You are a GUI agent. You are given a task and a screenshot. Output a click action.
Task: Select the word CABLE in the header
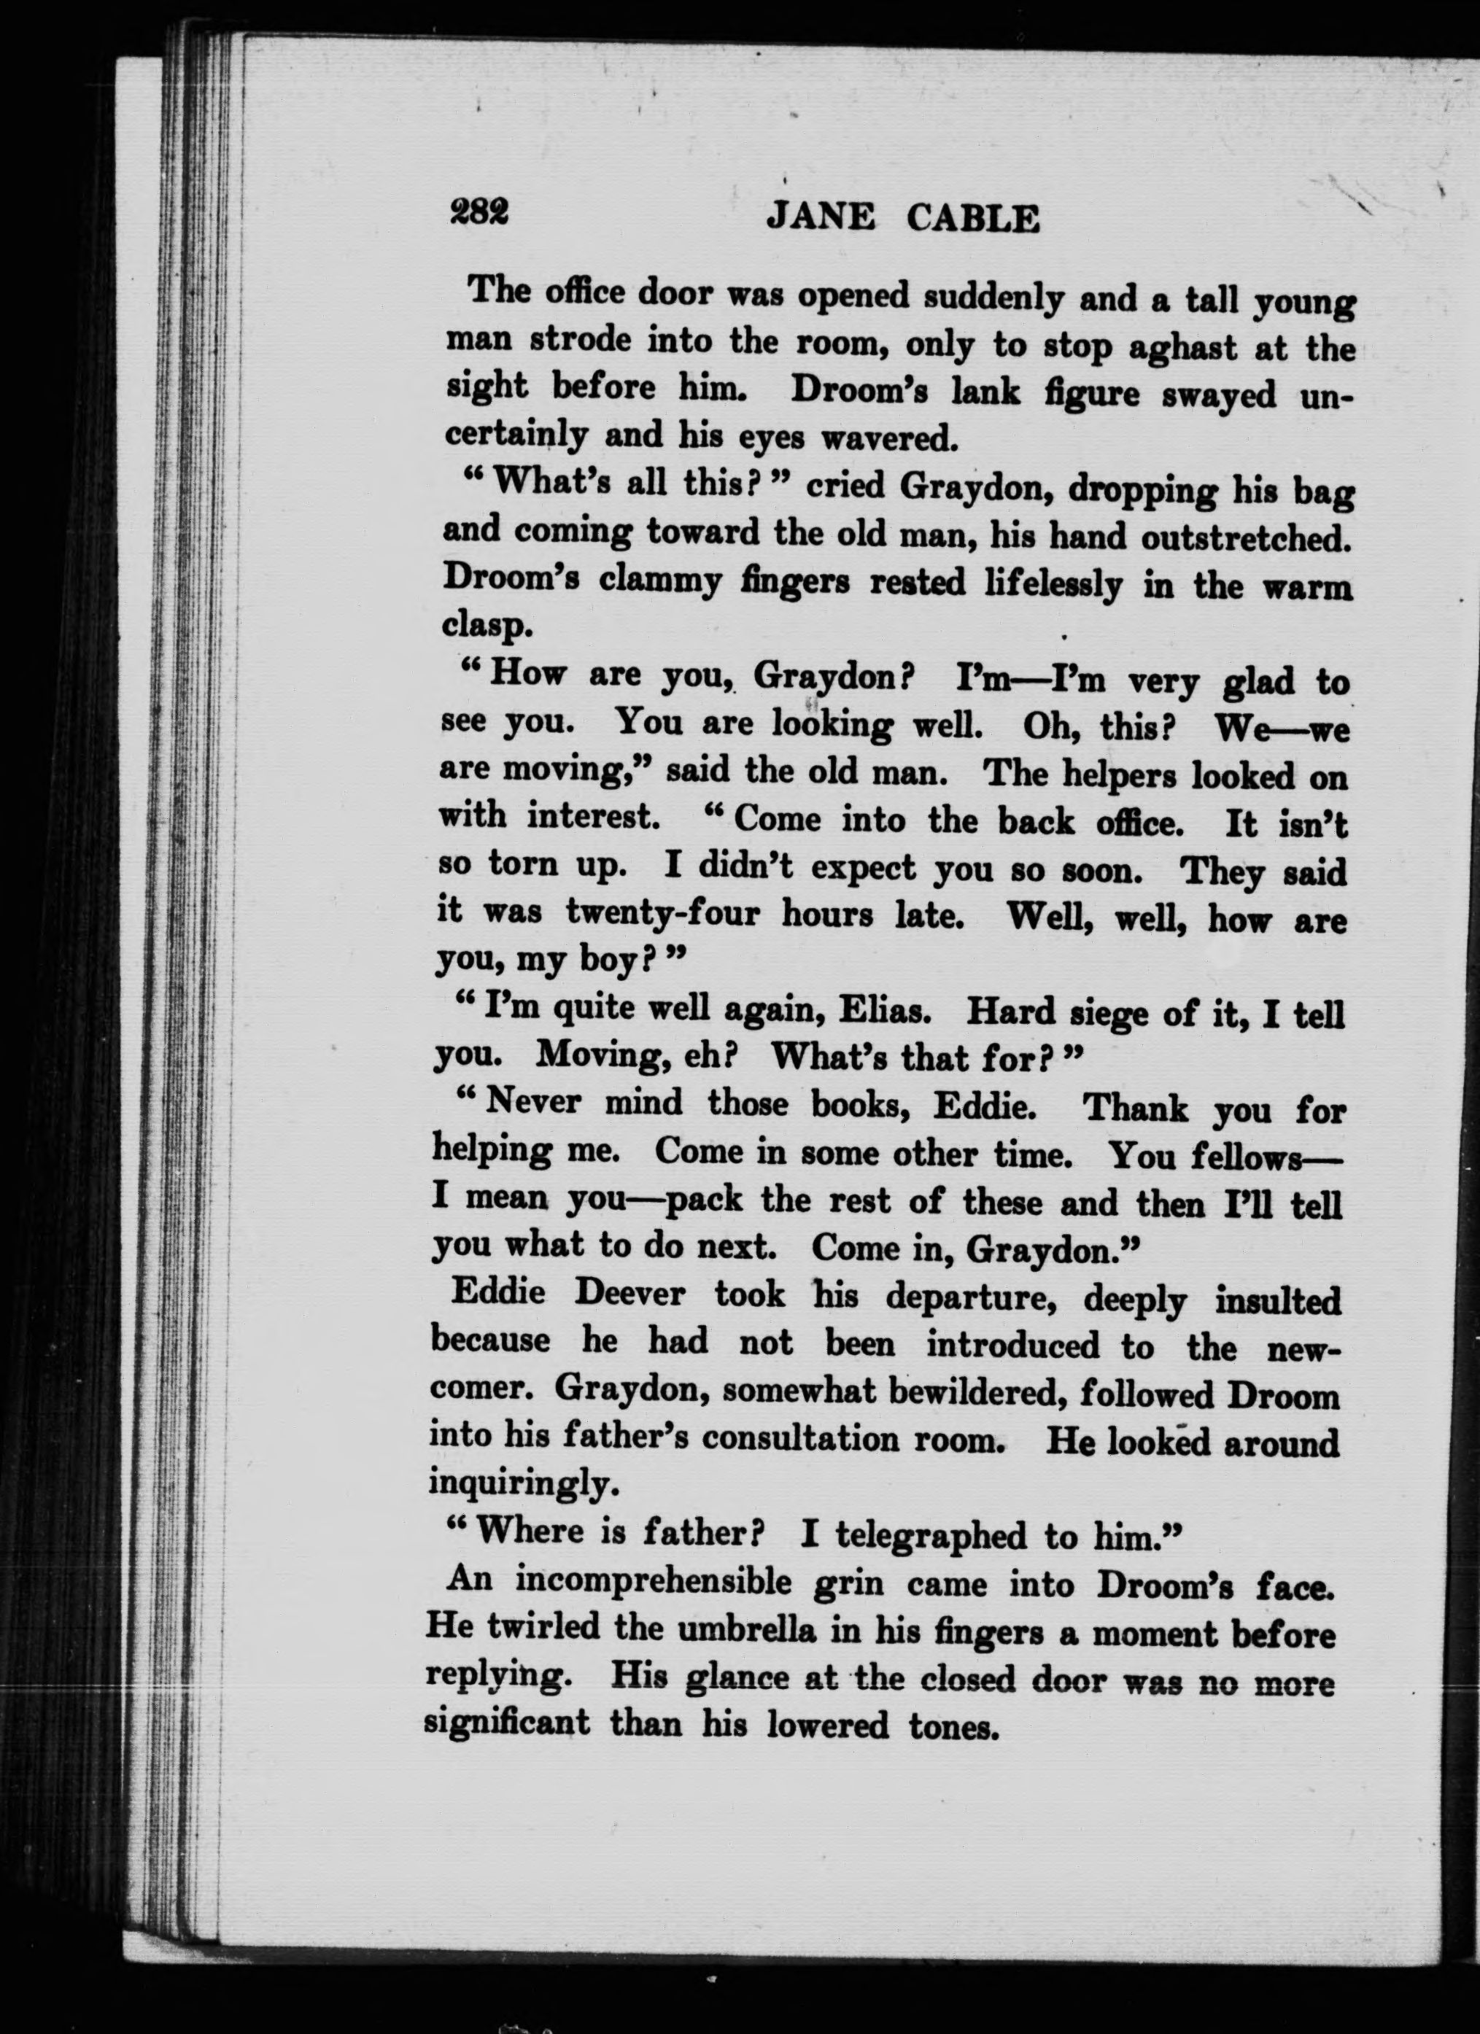click(973, 219)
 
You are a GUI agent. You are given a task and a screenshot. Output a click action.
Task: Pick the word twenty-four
click(662, 914)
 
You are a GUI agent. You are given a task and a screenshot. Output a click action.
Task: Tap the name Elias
click(884, 1011)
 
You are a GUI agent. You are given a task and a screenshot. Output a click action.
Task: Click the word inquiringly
click(523, 1484)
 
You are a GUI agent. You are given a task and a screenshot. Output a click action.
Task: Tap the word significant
click(507, 1722)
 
